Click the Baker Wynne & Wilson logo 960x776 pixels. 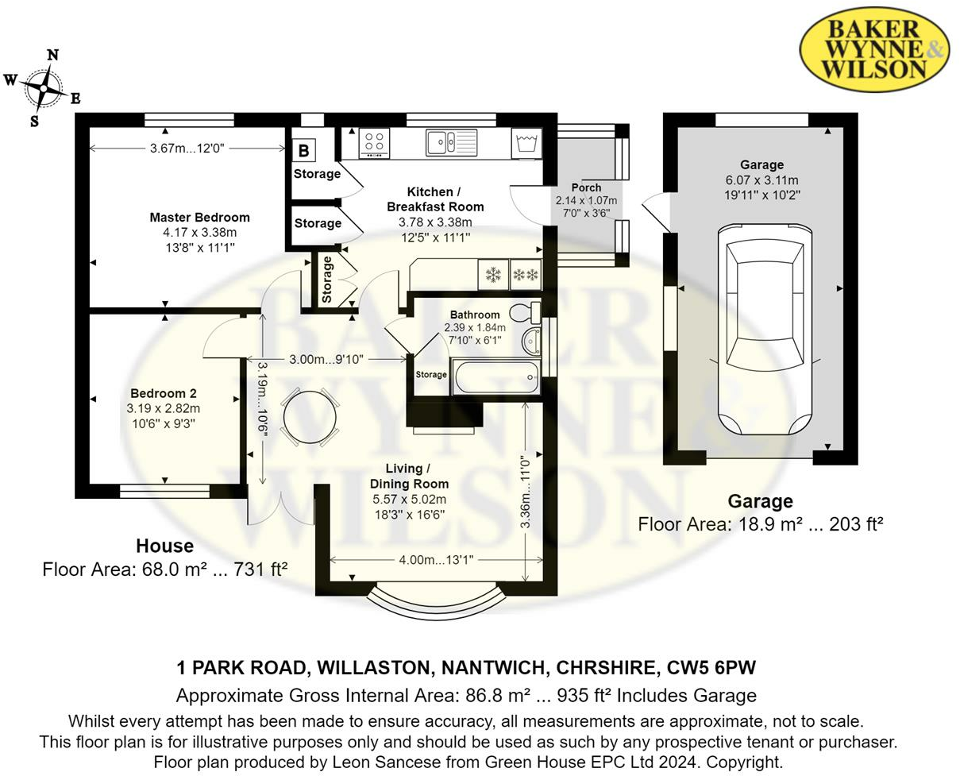point(874,49)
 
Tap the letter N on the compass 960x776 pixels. point(52,56)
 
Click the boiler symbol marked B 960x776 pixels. point(304,151)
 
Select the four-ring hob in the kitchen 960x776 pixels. point(375,144)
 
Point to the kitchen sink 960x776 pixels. point(451,142)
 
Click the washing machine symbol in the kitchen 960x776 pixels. point(526,143)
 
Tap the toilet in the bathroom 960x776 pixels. point(525,312)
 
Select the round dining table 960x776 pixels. point(310,417)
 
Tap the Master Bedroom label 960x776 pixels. point(199,218)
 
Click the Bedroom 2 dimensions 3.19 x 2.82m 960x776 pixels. point(163,408)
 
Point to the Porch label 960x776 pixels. point(586,187)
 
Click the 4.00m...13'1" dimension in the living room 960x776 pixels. point(436,560)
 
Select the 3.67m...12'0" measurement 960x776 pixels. point(187,148)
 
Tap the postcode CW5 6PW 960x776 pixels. point(711,668)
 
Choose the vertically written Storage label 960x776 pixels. point(327,280)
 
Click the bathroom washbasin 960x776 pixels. point(531,341)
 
